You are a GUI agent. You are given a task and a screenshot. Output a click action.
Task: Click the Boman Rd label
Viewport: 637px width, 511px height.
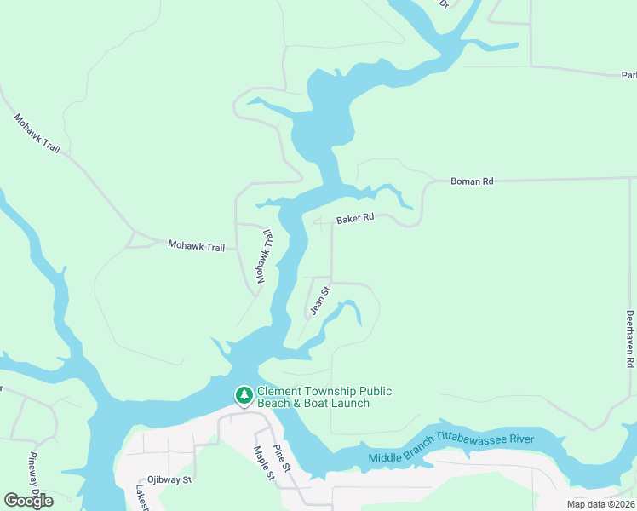(471, 181)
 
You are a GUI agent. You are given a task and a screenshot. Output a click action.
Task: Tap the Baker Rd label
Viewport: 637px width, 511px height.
(355, 219)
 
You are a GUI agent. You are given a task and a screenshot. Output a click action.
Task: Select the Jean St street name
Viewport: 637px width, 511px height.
(319, 301)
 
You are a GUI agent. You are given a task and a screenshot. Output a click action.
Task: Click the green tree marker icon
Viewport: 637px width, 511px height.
(244, 395)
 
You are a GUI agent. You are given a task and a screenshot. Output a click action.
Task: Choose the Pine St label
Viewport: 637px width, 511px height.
(282, 458)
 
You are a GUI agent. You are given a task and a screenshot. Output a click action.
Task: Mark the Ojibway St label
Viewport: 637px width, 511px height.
(169, 480)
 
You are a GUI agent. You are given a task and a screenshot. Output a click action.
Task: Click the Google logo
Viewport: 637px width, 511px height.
(28, 500)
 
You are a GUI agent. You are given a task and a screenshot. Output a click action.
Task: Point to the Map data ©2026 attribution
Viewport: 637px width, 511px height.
(600, 504)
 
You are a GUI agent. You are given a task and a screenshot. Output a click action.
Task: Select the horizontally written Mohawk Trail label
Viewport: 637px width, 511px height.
(196, 247)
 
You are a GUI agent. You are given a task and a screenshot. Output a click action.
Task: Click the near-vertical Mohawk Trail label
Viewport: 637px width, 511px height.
(263, 255)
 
